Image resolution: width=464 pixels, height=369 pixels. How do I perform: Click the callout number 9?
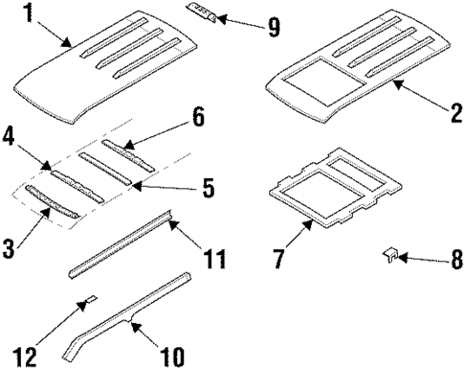(273, 27)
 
